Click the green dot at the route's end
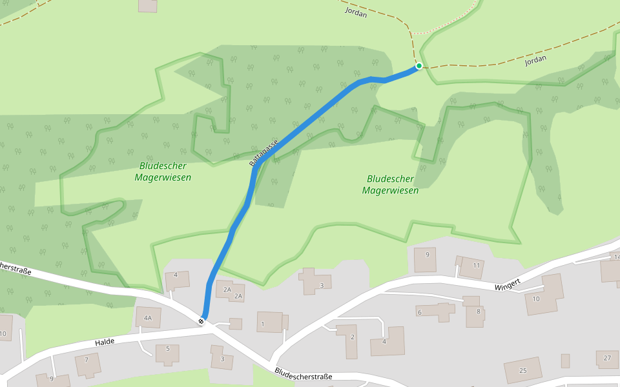(419, 66)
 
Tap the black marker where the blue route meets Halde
(202, 321)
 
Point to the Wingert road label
(508, 286)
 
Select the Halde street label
(104, 342)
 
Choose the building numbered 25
(523, 370)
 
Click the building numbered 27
(607, 358)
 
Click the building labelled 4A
(148, 317)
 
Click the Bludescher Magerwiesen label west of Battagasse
(163, 172)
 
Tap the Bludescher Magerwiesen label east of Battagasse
(390, 184)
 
